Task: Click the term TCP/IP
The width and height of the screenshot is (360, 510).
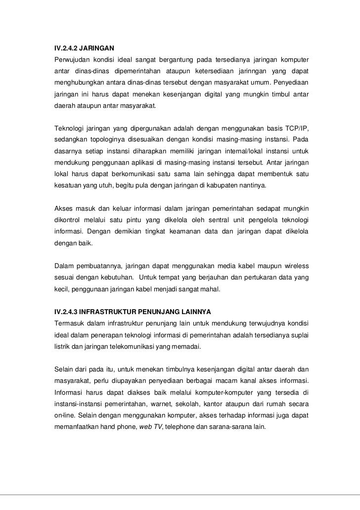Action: point(295,129)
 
